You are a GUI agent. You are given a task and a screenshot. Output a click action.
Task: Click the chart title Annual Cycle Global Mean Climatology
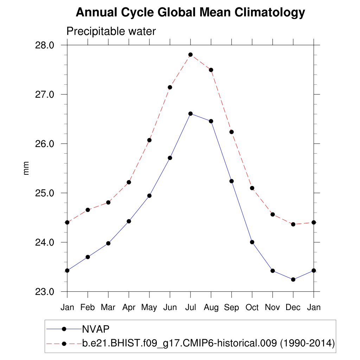coord(190,13)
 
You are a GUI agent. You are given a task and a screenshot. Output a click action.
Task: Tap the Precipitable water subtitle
coord(111,31)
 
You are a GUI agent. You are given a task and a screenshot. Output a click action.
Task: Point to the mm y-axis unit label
coord(26,168)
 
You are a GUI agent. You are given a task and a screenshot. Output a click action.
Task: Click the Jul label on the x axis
coord(190,307)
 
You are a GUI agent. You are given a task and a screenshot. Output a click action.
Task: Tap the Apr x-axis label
coord(129,307)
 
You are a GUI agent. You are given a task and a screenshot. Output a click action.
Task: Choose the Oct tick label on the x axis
coord(252,307)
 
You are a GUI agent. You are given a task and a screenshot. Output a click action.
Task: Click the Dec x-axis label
coord(293,307)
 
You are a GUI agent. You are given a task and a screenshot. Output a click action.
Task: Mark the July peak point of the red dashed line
coord(190,54)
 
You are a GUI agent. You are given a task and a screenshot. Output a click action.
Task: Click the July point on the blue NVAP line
coord(190,114)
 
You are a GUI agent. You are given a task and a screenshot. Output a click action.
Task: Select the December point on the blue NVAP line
coord(293,279)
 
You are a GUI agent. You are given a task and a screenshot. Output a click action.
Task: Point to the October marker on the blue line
coord(252,242)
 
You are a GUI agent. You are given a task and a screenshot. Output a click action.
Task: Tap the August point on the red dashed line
coord(211,70)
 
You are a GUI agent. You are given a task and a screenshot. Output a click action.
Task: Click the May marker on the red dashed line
coord(149,140)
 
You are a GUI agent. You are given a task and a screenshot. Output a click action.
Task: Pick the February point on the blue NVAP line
coord(88,257)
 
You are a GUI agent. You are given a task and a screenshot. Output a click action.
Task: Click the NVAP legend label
coord(96,329)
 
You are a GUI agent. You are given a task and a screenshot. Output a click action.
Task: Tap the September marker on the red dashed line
coord(231,132)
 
